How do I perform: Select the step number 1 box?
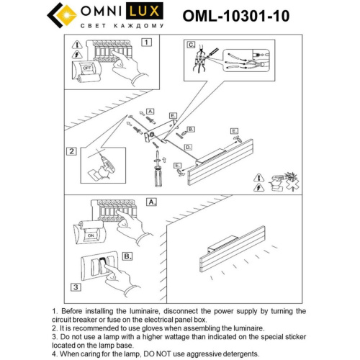(x=146, y=42)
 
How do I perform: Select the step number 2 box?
(x=71, y=151)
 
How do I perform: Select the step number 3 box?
(x=74, y=287)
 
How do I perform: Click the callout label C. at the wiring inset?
(x=192, y=45)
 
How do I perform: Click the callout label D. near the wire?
(x=187, y=146)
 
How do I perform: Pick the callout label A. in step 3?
(x=152, y=203)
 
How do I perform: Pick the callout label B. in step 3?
(x=127, y=256)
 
